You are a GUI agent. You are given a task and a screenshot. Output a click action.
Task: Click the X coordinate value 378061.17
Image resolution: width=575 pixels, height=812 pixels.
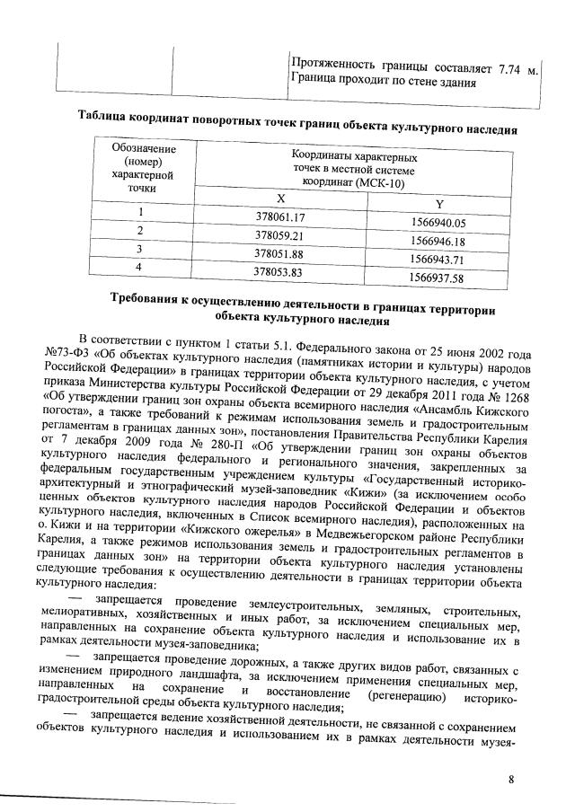click(281, 218)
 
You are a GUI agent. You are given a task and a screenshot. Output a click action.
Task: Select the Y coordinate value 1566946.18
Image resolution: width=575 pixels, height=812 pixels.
click(438, 242)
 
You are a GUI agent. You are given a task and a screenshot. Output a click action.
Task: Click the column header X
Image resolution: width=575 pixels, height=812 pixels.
click(281, 200)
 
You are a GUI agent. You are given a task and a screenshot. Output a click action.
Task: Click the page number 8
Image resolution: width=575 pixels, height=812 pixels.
click(511, 779)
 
